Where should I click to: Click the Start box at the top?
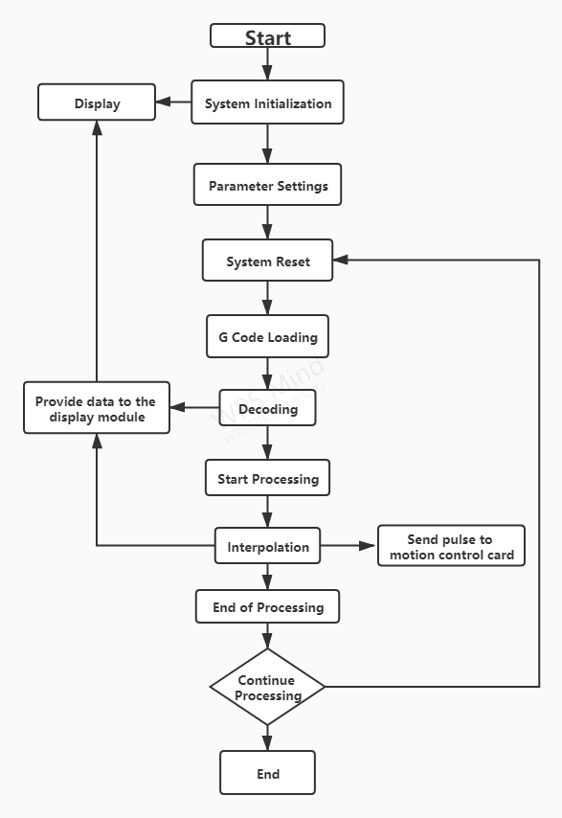tap(267, 36)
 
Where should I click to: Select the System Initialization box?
tap(267, 102)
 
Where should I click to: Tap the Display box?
tap(97, 102)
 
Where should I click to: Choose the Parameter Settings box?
tap(267, 185)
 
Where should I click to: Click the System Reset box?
tap(267, 261)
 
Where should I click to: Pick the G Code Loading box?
tap(267, 337)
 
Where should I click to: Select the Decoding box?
tap(267, 409)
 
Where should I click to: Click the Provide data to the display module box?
tap(97, 409)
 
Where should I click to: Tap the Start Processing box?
tap(267, 478)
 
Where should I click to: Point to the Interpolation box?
tap(267, 547)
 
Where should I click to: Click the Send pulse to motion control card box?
tap(451, 546)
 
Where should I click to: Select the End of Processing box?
tap(267, 606)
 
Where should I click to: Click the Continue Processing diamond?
tap(267, 687)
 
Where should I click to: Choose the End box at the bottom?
tap(267, 773)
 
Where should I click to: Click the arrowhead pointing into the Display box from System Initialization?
tap(164, 102)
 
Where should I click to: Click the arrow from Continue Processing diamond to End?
tap(267, 738)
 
